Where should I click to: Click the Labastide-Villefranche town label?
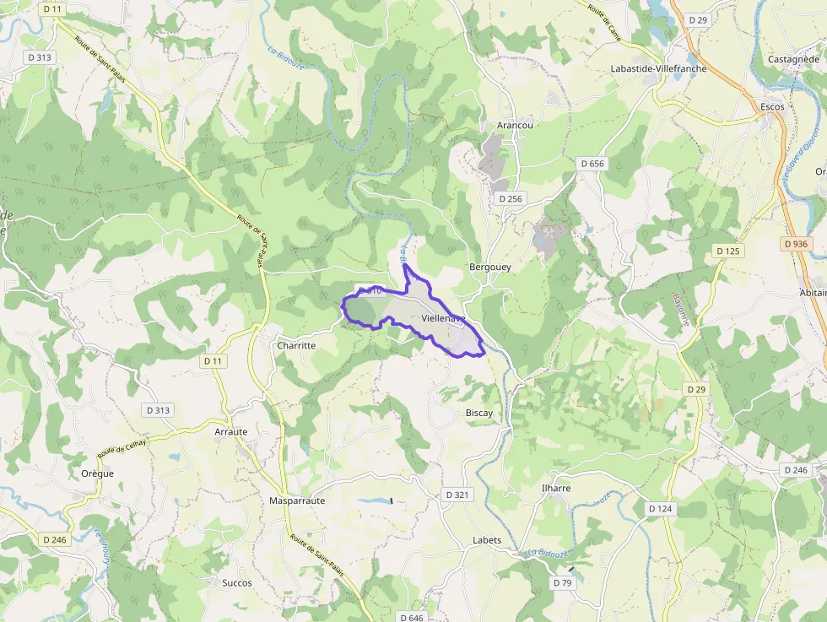(x=658, y=68)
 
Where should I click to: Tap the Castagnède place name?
(x=793, y=59)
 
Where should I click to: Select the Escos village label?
(x=771, y=107)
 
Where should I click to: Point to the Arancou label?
(x=515, y=125)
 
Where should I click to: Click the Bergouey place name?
(x=489, y=267)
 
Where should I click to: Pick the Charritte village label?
(x=296, y=345)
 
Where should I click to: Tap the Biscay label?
(x=479, y=413)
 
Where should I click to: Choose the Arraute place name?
(x=231, y=431)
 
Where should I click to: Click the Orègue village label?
(x=98, y=473)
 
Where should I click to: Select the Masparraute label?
(x=297, y=500)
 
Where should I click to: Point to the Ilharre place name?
(x=555, y=488)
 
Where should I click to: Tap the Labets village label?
(x=487, y=540)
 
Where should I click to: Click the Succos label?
(x=237, y=582)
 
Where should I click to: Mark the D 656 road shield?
(x=592, y=164)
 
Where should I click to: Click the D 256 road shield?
(x=511, y=198)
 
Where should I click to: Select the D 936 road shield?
(x=795, y=244)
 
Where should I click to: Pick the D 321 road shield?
(x=457, y=494)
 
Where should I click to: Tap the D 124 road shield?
(x=661, y=509)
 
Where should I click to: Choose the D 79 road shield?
(x=562, y=583)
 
